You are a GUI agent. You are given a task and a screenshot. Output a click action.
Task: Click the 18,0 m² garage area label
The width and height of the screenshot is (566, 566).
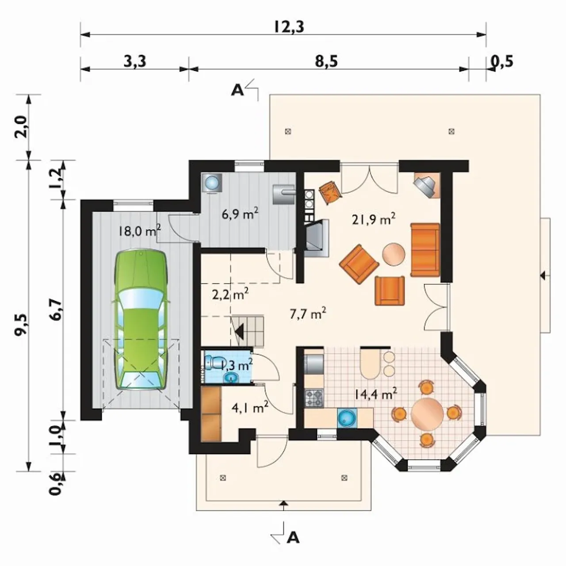[x=139, y=231]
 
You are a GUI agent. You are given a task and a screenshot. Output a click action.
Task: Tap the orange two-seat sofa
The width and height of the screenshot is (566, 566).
[x=424, y=250]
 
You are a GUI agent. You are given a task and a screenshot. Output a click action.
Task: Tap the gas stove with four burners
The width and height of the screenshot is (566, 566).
[x=314, y=398]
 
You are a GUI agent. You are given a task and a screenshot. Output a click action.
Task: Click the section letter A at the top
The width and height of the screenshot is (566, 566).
[x=237, y=91]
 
